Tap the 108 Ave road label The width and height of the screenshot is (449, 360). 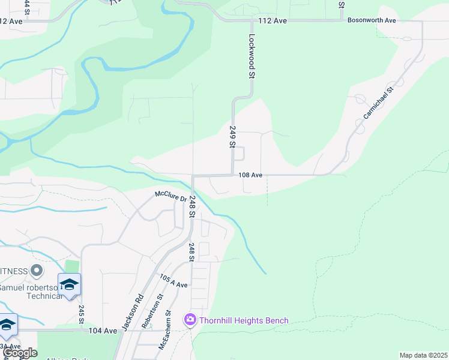coord(251,175)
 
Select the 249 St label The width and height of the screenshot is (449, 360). coord(231,136)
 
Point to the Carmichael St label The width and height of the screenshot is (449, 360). coord(378,102)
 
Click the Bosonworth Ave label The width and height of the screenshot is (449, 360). coord(372,20)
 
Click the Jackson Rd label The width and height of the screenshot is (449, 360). coord(133,311)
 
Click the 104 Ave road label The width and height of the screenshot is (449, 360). coord(103,331)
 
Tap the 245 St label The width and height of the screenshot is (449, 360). coord(81,313)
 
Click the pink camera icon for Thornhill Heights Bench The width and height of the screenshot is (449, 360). coord(190,320)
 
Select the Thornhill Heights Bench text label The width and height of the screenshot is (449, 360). coord(244,320)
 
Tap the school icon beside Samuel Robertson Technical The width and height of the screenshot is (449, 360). coord(69,284)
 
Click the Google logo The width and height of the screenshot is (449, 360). coord(20,353)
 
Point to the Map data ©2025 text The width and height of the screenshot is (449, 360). coord(423,355)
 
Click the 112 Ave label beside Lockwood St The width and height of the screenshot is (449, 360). coord(273,20)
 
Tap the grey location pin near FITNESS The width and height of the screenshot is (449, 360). coord(36,271)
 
